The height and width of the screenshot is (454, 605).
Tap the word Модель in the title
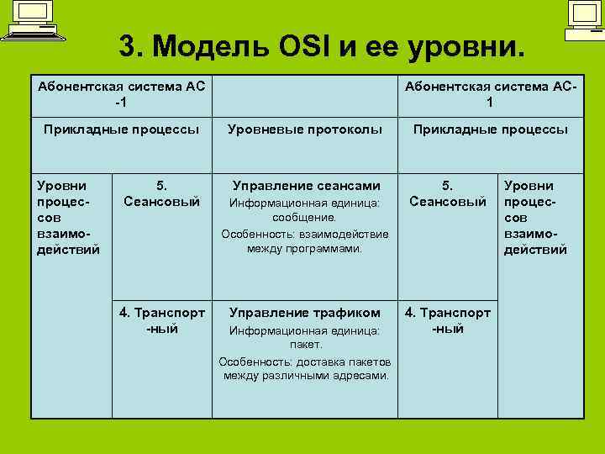point(203,46)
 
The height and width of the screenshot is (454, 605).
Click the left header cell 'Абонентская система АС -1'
point(121,94)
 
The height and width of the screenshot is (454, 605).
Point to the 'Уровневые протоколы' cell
point(305,129)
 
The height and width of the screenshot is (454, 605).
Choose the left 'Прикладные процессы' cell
point(121,129)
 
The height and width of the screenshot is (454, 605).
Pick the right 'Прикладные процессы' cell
point(489,129)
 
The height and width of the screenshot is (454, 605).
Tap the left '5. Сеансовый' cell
point(161,193)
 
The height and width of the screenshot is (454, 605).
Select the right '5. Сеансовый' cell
point(448,193)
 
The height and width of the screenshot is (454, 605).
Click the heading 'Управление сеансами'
point(306,186)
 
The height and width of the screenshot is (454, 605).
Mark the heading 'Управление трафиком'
point(306,313)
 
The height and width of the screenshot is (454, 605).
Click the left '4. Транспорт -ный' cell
point(162,320)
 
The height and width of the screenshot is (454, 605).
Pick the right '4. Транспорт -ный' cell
point(448,320)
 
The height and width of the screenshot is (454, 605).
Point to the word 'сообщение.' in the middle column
point(306,218)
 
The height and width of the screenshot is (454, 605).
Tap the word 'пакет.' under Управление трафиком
point(306,345)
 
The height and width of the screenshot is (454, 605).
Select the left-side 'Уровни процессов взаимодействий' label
point(68,217)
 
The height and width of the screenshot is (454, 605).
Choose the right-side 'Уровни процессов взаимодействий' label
point(536,217)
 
